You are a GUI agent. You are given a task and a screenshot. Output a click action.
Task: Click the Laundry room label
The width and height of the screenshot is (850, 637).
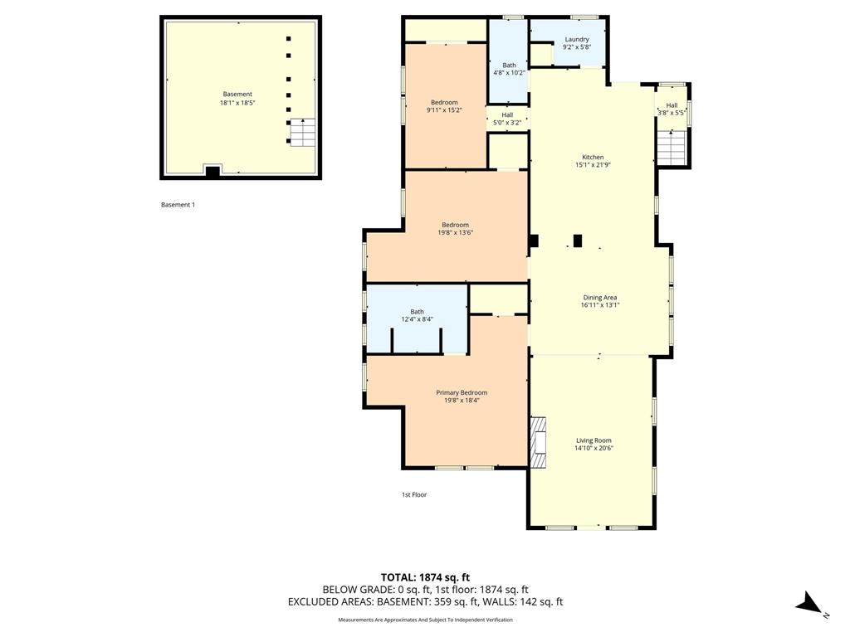(576, 39)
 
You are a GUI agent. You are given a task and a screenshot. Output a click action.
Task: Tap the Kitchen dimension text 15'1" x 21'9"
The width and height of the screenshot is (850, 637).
(593, 165)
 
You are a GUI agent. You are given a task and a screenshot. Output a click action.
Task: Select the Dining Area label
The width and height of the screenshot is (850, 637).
(599, 297)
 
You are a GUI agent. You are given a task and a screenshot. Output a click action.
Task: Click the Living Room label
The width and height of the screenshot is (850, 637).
(594, 440)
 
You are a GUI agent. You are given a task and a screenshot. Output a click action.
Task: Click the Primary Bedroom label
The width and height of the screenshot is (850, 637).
(462, 392)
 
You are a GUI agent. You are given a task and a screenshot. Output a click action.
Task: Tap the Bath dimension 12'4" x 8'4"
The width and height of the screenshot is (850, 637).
(417, 319)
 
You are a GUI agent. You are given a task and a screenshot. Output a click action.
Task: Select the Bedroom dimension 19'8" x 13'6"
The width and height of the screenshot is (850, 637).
(455, 233)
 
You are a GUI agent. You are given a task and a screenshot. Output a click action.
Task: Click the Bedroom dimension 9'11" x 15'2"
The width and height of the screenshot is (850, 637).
(444, 110)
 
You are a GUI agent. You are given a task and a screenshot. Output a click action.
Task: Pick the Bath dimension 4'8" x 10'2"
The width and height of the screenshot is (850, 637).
(509, 73)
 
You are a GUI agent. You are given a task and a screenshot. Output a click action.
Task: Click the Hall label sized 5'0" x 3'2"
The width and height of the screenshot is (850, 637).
(507, 114)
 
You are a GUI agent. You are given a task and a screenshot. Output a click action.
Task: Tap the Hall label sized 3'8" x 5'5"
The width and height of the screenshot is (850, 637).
(672, 105)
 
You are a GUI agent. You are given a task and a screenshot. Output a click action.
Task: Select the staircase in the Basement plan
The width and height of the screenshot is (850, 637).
(302, 132)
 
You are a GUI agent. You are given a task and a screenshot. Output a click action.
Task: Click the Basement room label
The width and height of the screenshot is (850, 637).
(237, 94)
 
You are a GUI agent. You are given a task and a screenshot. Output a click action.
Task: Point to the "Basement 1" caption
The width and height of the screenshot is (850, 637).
(178, 205)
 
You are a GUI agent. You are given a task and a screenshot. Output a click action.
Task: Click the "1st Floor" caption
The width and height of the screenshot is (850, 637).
(414, 495)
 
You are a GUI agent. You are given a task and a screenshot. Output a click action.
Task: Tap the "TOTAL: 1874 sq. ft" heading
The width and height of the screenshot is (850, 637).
(425, 577)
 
